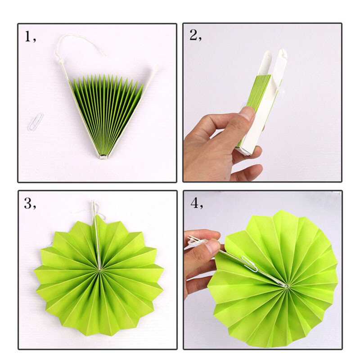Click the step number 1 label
[x=30, y=37]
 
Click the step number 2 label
[x=196, y=35]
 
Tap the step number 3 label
[x=30, y=203]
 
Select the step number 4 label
[x=197, y=203]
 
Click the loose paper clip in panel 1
[x=36, y=122]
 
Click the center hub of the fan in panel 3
[x=99, y=270]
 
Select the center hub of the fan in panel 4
[x=286, y=286]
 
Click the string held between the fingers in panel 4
[x=198, y=242]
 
